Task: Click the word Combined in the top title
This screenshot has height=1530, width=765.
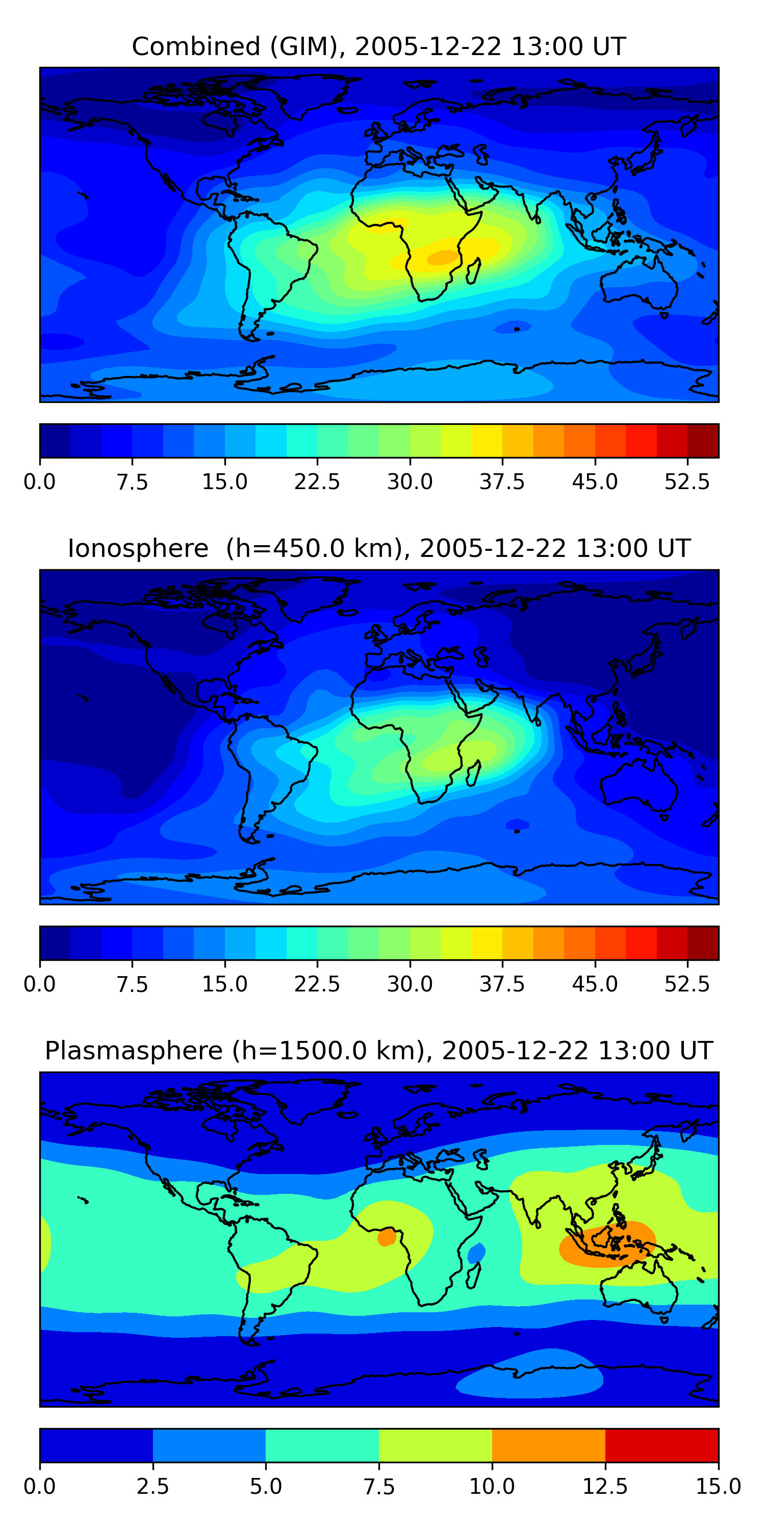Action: [x=196, y=46]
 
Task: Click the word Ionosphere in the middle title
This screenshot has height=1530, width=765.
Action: [x=138, y=548]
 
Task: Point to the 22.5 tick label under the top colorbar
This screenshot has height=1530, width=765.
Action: [x=317, y=481]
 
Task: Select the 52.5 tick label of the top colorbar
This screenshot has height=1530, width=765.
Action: [x=687, y=481]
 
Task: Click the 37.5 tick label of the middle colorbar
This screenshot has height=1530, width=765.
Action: [x=502, y=984]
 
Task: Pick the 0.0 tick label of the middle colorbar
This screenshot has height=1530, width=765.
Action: [x=40, y=984]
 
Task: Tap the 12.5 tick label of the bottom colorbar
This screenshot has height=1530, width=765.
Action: [x=605, y=1486]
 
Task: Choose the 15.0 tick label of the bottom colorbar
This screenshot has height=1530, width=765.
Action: [x=718, y=1486]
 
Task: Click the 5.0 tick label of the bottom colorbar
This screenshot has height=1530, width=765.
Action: [x=266, y=1486]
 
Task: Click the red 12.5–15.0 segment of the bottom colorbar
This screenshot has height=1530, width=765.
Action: [x=661, y=1445]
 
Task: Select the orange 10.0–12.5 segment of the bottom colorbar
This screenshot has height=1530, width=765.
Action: [x=549, y=1445]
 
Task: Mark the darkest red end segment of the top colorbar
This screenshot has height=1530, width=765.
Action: [x=703, y=441]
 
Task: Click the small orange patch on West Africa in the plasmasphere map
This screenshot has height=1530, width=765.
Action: [x=387, y=1237]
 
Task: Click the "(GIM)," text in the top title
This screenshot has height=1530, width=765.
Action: [x=308, y=46]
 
